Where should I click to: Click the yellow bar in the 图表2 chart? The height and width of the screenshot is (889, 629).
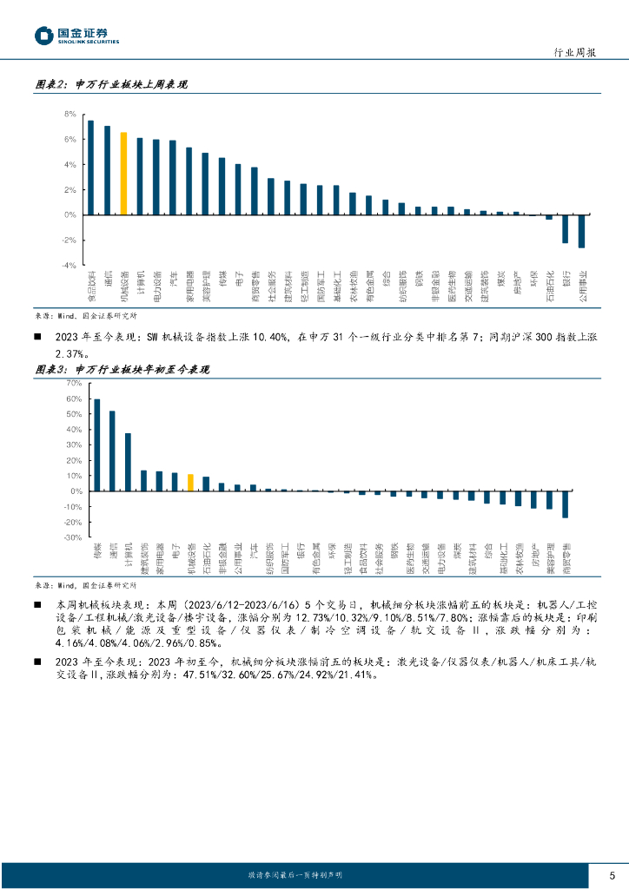tap(123, 174)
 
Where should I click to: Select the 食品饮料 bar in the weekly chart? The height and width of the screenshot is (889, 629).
tap(91, 168)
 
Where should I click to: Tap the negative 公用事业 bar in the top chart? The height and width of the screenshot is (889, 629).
tap(581, 231)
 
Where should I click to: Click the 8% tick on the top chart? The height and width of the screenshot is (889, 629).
tap(70, 115)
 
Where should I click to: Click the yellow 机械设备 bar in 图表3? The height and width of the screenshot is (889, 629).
tap(190, 483)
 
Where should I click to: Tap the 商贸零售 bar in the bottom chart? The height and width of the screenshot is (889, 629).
tap(565, 504)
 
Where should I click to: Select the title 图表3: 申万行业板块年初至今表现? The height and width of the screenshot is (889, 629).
tap(122, 369)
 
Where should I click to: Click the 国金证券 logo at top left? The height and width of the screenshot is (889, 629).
tap(76, 36)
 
